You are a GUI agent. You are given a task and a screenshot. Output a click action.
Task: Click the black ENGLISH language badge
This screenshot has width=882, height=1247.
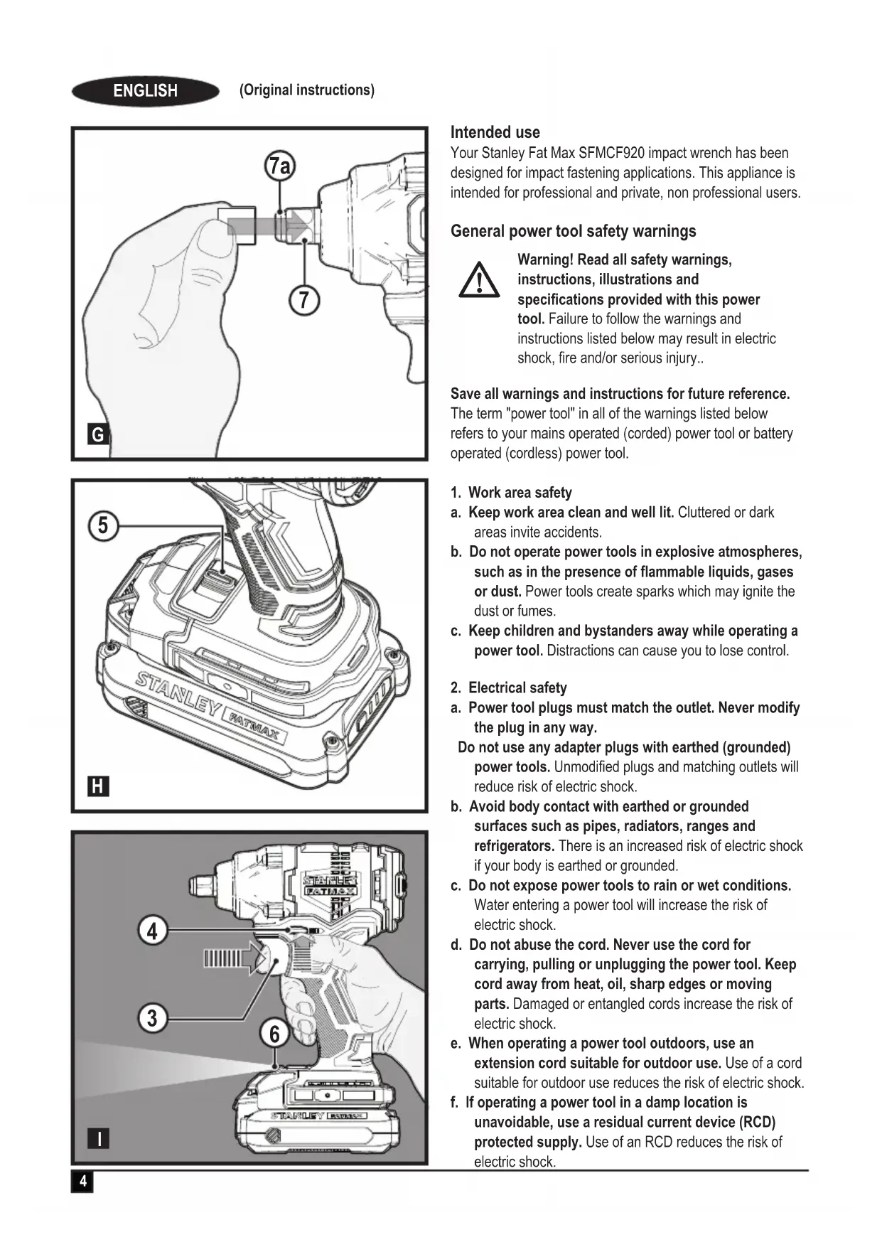[x=146, y=91]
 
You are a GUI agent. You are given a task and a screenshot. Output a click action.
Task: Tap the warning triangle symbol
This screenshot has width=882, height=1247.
[x=478, y=281]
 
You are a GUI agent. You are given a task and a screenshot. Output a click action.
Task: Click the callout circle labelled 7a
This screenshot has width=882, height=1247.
[x=280, y=166]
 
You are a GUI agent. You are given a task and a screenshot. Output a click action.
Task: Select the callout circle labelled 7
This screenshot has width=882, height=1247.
[x=303, y=300]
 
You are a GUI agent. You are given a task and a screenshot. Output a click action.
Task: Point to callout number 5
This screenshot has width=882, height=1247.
[x=103, y=526]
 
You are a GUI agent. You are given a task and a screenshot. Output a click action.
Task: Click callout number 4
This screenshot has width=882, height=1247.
[x=152, y=931]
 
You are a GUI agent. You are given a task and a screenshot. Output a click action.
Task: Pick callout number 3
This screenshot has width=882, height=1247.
[x=152, y=1018]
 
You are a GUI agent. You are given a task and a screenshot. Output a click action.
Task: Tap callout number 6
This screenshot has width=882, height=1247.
[x=274, y=1033]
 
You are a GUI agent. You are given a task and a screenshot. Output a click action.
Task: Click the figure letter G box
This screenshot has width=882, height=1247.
[x=98, y=434]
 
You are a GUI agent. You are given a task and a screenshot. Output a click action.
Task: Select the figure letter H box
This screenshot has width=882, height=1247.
[x=98, y=786]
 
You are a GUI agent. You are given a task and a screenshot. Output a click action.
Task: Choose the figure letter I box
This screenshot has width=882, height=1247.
[x=98, y=1139]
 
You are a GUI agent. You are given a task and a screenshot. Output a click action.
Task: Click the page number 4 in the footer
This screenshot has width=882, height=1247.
[x=82, y=1182]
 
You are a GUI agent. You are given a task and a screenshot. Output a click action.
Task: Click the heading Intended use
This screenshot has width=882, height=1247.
[x=495, y=132]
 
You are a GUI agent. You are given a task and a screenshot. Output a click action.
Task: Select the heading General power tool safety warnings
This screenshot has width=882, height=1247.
[x=573, y=231]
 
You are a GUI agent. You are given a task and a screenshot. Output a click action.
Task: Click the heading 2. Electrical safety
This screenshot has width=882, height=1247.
[x=509, y=687]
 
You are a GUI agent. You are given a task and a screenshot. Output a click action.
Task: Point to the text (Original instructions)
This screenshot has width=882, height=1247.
[x=307, y=90]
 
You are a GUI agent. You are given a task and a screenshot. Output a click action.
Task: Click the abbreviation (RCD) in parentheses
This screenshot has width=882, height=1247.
[x=757, y=1122]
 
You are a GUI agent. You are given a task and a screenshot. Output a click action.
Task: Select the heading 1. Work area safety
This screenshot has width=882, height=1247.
[x=511, y=493]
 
